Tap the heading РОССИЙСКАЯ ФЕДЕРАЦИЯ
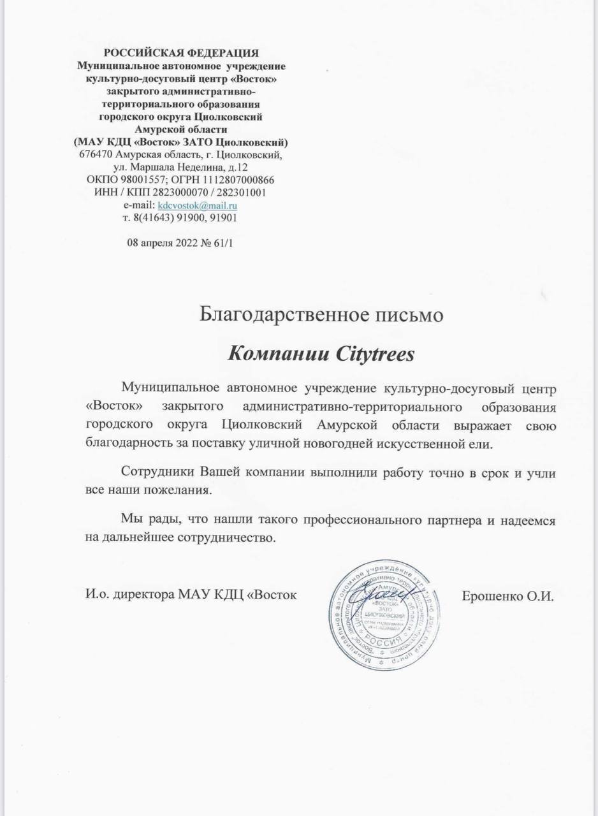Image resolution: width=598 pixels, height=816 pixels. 181,53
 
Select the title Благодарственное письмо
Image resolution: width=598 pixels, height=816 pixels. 321,314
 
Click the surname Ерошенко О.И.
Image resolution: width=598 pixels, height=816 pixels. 507,597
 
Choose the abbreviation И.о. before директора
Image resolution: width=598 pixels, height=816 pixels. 96,597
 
